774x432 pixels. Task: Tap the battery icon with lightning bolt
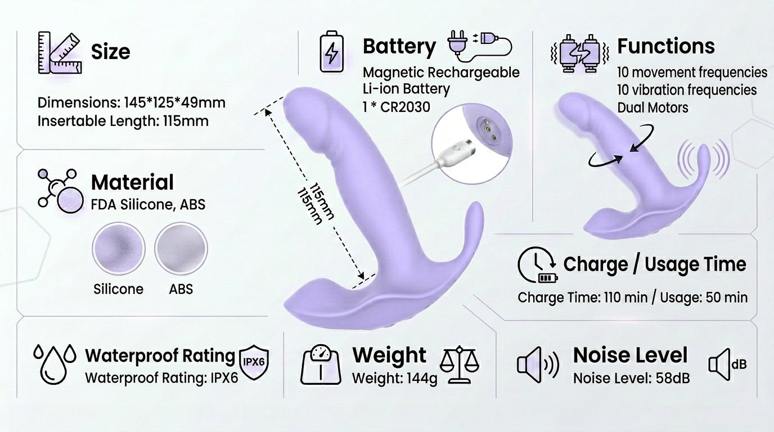(x=331, y=52)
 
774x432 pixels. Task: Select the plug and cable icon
(x=479, y=47)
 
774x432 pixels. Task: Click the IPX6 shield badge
(x=254, y=362)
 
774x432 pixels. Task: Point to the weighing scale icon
(x=321, y=364)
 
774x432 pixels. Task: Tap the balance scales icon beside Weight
(x=459, y=364)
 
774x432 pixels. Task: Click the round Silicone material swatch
(x=119, y=249)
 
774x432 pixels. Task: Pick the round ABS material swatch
(x=181, y=249)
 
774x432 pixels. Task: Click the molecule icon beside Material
(x=60, y=191)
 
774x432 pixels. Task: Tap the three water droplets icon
(x=55, y=364)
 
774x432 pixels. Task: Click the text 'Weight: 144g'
(x=395, y=379)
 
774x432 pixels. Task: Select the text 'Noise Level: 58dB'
(x=631, y=378)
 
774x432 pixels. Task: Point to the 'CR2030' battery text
(x=405, y=107)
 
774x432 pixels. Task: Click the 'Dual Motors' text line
(x=652, y=108)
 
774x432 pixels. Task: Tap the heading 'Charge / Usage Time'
(x=654, y=265)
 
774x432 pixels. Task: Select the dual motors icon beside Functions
(x=579, y=53)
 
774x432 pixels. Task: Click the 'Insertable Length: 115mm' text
(x=123, y=121)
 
